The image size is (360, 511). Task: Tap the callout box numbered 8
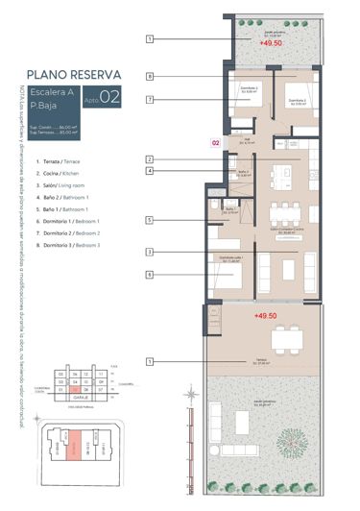151,76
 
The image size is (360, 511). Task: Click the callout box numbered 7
151,99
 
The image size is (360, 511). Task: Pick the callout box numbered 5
151,220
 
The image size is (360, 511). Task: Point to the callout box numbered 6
151,275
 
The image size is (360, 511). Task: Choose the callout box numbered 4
151,171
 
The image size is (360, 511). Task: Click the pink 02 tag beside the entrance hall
216,142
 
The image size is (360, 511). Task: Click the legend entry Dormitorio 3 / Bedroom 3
69,246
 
